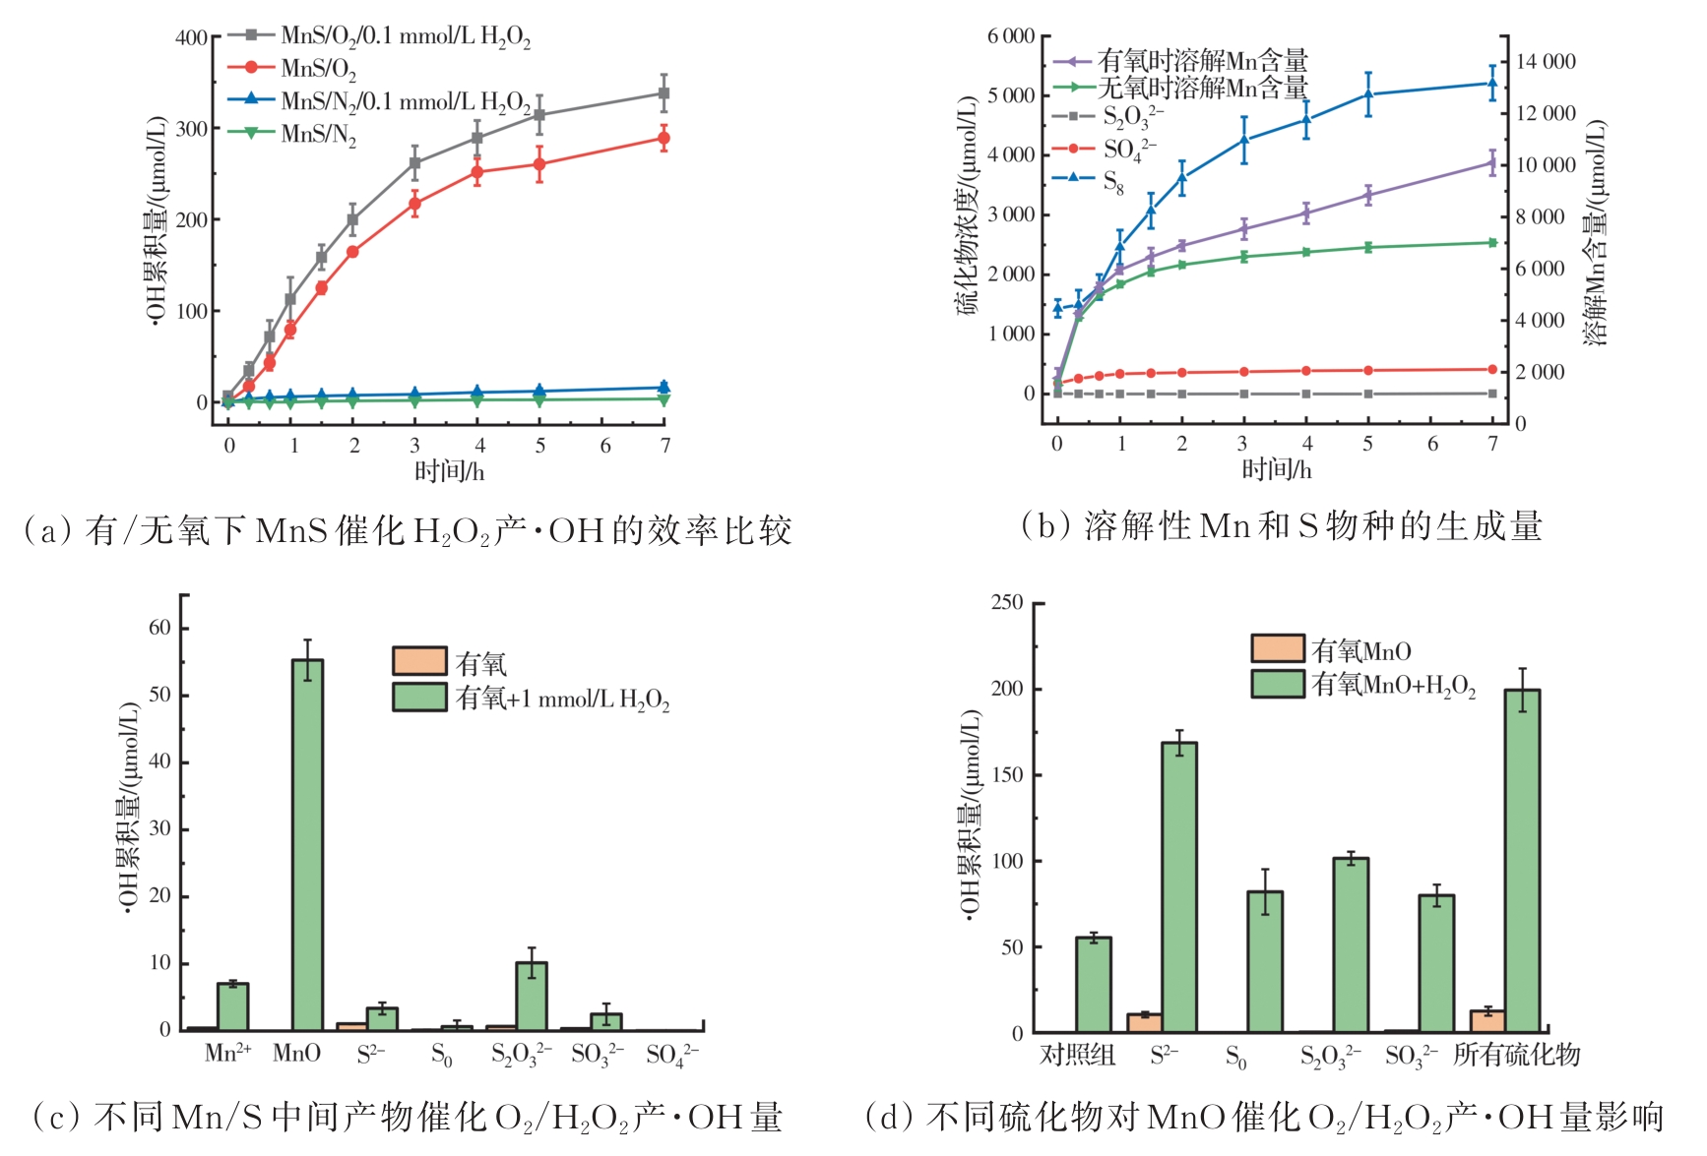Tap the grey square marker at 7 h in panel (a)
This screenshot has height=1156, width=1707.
click(664, 93)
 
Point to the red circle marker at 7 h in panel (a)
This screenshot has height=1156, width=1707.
click(664, 138)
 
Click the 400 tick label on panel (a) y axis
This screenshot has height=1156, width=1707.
click(191, 38)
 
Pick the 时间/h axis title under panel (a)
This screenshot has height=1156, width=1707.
click(449, 471)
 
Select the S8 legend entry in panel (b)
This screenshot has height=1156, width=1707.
click(1112, 181)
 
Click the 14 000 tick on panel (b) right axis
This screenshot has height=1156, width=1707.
click(1546, 62)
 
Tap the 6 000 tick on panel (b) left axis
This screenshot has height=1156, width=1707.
click(1011, 36)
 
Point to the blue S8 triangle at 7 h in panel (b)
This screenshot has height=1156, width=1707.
click(1492, 83)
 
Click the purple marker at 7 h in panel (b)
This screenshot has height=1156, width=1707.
click(1492, 164)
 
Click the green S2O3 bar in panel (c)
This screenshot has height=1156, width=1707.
click(532, 996)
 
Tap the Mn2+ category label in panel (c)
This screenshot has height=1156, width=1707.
click(227, 1054)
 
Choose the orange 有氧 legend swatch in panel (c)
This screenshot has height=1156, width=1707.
click(419, 661)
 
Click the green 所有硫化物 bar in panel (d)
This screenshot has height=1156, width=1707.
click(1522, 861)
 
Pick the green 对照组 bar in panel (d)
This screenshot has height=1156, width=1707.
click(1093, 984)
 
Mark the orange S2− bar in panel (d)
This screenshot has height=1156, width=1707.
click(1144, 1022)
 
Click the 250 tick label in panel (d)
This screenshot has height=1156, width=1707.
click(1007, 602)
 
